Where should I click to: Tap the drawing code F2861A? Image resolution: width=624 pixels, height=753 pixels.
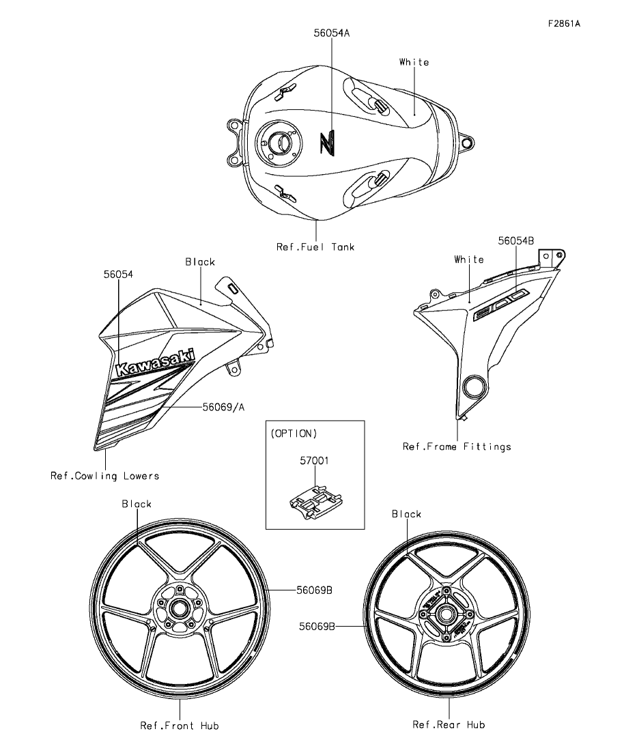pos(563,23)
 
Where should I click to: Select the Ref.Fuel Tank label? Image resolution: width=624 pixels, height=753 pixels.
pos(315,247)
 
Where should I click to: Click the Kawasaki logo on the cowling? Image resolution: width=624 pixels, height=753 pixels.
pos(156,363)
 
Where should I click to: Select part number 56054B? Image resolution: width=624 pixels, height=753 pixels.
pos(515,240)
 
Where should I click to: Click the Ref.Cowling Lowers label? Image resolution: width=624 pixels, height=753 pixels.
pos(104,476)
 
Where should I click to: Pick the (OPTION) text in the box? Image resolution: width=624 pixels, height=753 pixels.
pos(294,434)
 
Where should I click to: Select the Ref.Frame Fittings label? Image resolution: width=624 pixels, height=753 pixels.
pos(457,447)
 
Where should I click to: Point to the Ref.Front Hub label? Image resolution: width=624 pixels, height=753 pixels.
pos(180,725)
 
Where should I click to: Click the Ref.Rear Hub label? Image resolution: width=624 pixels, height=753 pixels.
pos(449,724)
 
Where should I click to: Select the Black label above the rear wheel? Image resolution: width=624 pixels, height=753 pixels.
pos(406,513)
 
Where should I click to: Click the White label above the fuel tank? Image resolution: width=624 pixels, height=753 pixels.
pos(414,62)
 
